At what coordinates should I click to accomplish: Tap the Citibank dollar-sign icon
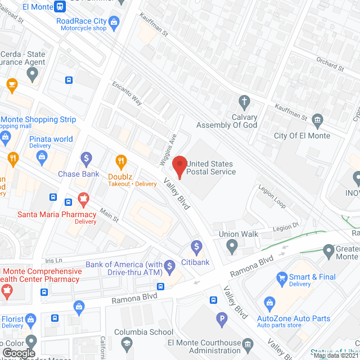[196, 246]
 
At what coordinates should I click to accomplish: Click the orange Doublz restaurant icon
[119, 161]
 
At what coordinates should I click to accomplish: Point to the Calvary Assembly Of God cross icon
[244, 102]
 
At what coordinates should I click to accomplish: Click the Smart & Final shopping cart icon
[282, 277]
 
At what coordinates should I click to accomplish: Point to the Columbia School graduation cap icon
[127, 343]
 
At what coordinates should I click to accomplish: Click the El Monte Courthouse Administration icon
[248, 343]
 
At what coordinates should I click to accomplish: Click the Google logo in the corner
[19, 353]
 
